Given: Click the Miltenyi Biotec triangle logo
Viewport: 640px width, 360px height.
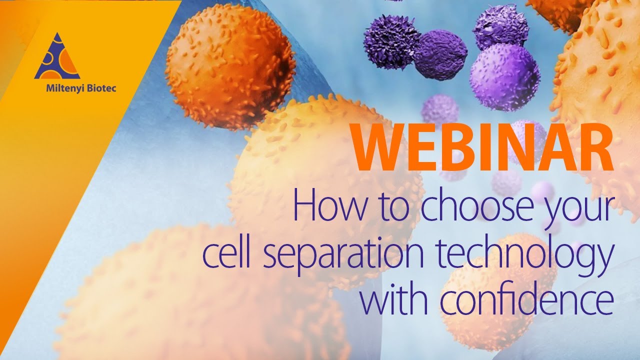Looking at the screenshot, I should tap(56, 57).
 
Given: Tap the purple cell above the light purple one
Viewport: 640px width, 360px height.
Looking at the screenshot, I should tap(500, 26).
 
